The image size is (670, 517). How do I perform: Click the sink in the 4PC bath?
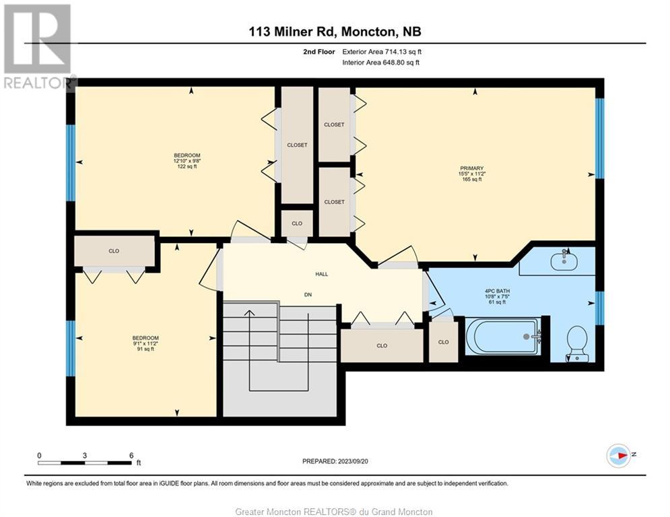point(564,261)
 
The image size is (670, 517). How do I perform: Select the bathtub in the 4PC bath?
point(502,337)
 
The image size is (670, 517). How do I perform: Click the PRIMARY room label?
point(472,168)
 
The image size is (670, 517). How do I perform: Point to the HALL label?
point(322,274)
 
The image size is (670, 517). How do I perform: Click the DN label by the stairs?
point(308,294)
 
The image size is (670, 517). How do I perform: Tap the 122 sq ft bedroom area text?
point(187,167)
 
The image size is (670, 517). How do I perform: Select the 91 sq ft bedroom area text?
point(145,349)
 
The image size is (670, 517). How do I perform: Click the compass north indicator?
point(619,456)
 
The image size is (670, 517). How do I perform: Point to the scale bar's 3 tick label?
point(85,456)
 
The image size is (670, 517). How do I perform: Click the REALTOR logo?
point(38,46)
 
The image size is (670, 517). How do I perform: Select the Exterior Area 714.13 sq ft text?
point(382,52)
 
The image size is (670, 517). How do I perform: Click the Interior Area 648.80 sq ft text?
point(380,63)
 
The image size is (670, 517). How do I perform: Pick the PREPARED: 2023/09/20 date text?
point(335,461)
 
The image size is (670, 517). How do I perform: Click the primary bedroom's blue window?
point(599,139)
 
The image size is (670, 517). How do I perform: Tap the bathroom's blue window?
point(599,308)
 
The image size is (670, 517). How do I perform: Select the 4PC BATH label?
point(498,291)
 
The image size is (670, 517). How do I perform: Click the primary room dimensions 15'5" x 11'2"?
point(472,174)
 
